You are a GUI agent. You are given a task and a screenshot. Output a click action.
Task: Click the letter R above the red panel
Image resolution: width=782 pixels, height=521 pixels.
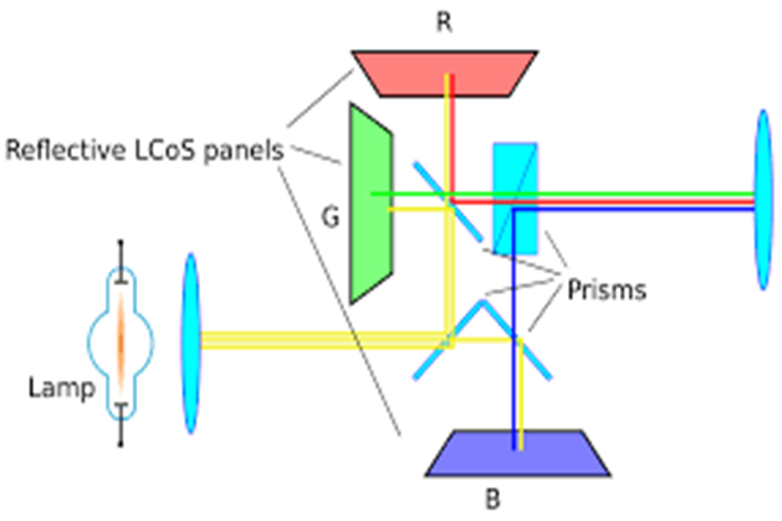tap(444, 23)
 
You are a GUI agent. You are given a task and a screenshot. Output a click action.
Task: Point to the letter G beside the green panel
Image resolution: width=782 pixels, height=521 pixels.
tap(331, 218)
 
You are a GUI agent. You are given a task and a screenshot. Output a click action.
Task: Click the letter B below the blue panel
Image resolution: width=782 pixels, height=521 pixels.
tap(492, 498)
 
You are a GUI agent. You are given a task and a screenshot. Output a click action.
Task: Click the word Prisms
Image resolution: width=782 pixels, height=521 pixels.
tap(607, 290)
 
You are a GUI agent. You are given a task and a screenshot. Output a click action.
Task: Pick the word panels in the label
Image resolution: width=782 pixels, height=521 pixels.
tap(243, 151)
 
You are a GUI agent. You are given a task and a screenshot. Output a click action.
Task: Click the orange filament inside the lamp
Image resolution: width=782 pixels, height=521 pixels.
tap(121, 342)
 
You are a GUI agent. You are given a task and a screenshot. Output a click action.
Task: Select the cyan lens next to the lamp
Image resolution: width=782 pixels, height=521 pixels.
tap(191, 343)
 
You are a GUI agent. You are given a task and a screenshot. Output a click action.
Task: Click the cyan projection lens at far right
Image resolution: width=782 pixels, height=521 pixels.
tap(763, 199)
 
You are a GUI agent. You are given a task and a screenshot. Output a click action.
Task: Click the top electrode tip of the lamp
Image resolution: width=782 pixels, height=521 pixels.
tap(121, 244)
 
